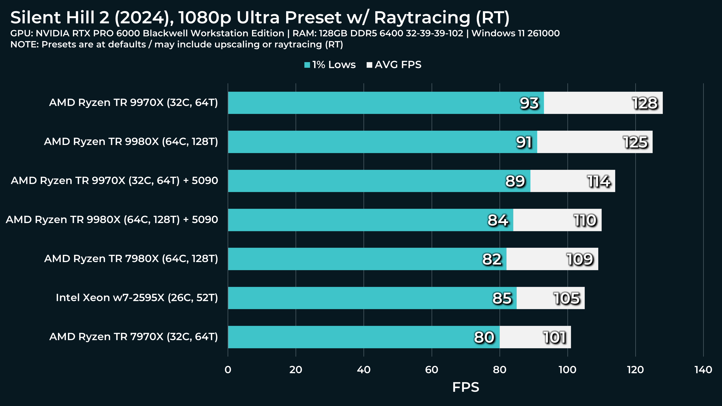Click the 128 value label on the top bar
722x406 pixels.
645,103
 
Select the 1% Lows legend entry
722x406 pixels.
330,65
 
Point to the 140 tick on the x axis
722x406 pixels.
703,369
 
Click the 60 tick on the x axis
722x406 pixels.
431,369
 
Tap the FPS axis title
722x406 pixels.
466,387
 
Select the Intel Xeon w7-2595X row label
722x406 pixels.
137,298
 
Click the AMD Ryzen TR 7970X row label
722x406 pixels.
133,337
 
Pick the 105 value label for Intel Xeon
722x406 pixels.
566,298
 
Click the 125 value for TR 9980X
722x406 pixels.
635,142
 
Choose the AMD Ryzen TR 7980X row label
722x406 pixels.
131,258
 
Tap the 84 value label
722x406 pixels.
498,220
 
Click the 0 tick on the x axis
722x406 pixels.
228,369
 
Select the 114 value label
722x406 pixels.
599,181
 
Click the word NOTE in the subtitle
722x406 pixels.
24,44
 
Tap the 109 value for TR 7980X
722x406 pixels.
580,259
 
